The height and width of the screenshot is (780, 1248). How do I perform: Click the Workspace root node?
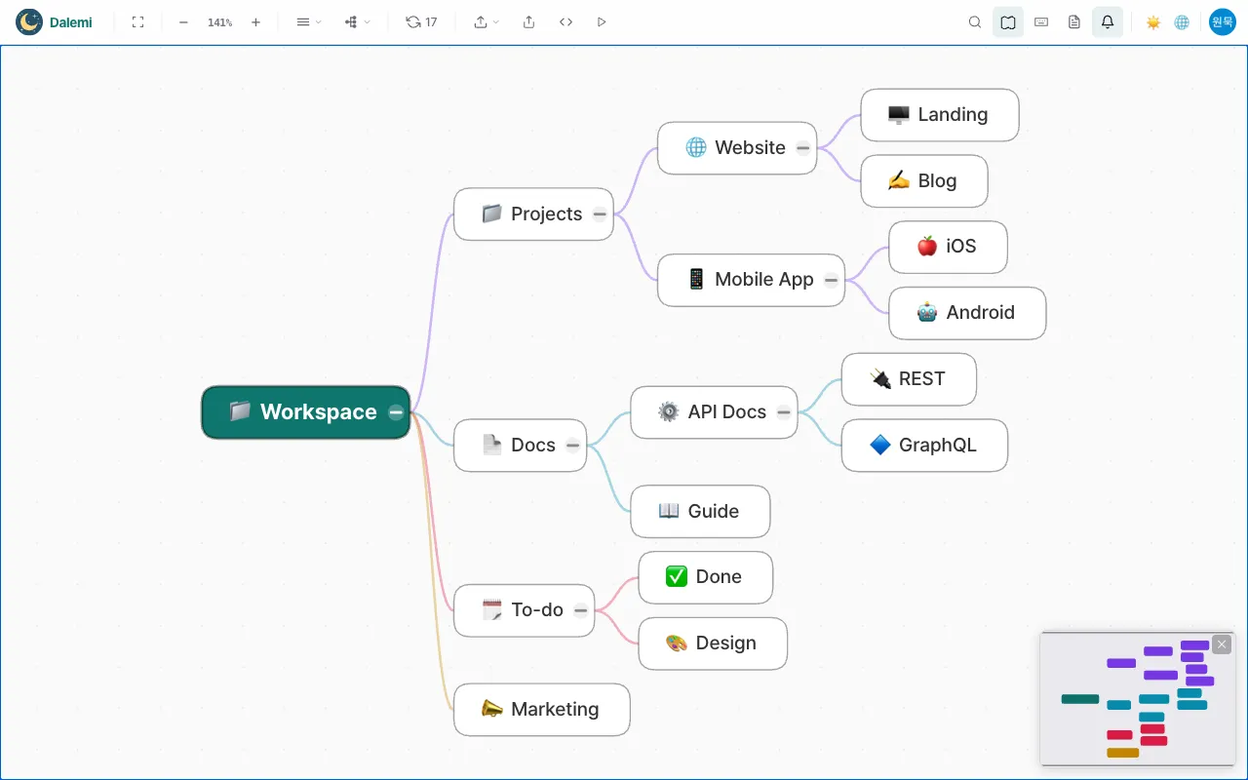click(x=305, y=412)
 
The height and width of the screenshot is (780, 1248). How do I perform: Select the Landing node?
click(x=939, y=115)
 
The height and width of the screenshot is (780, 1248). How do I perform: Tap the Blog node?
click(x=923, y=181)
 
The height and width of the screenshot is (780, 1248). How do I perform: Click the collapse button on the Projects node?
click(x=600, y=214)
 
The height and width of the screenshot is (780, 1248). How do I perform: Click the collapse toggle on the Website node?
click(x=802, y=148)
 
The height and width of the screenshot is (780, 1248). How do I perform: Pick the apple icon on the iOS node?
click(x=927, y=247)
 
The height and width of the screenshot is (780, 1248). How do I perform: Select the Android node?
click(x=966, y=313)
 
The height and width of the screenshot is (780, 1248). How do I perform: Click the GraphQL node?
click(x=924, y=446)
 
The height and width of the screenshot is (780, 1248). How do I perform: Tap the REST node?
click(x=909, y=379)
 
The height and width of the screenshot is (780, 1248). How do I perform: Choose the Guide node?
click(x=700, y=512)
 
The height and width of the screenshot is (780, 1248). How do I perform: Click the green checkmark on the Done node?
click(x=677, y=576)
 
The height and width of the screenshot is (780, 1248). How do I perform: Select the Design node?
click(x=713, y=643)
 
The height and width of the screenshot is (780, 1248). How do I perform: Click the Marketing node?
click(x=541, y=710)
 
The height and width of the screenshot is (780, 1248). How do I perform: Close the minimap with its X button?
click(x=1222, y=644)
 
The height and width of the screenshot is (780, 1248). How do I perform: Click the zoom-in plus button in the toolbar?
click(x=255, y=22)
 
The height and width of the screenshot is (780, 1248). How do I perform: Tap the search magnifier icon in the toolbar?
click(x=974, y=22)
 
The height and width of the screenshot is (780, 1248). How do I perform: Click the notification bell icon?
click(x=1107, y=22)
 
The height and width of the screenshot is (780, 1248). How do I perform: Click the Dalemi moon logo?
click(x=29, y=22)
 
